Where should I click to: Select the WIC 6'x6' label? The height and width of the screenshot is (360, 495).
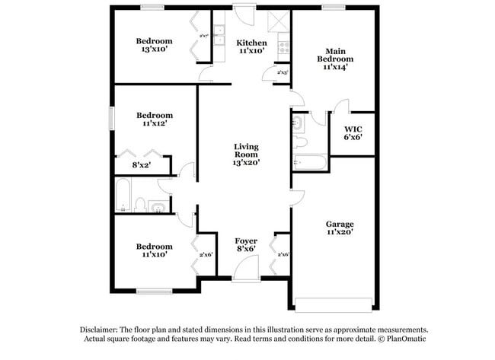click(x=353, y=133)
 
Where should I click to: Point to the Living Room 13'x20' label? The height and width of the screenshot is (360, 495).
click(x=246, y=154)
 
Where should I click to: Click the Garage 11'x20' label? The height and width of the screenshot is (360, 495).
click(x=340, y=228)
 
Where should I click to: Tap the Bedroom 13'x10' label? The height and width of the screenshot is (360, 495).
click(x=154, y=46)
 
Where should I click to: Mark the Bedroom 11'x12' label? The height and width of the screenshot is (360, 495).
click(x=154, y=119)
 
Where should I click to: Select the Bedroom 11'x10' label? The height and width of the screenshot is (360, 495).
click(x=154, y=250)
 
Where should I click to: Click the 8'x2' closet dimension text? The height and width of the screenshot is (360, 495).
click(x=141, y=164)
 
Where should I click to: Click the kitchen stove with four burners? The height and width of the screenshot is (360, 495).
click(x=284, y=48)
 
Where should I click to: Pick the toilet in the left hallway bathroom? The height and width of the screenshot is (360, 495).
click(x=139, y=204)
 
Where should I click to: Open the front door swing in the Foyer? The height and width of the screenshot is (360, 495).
click(x=245, y=268)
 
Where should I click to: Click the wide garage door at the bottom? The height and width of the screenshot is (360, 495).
click(x=335, y=304)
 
